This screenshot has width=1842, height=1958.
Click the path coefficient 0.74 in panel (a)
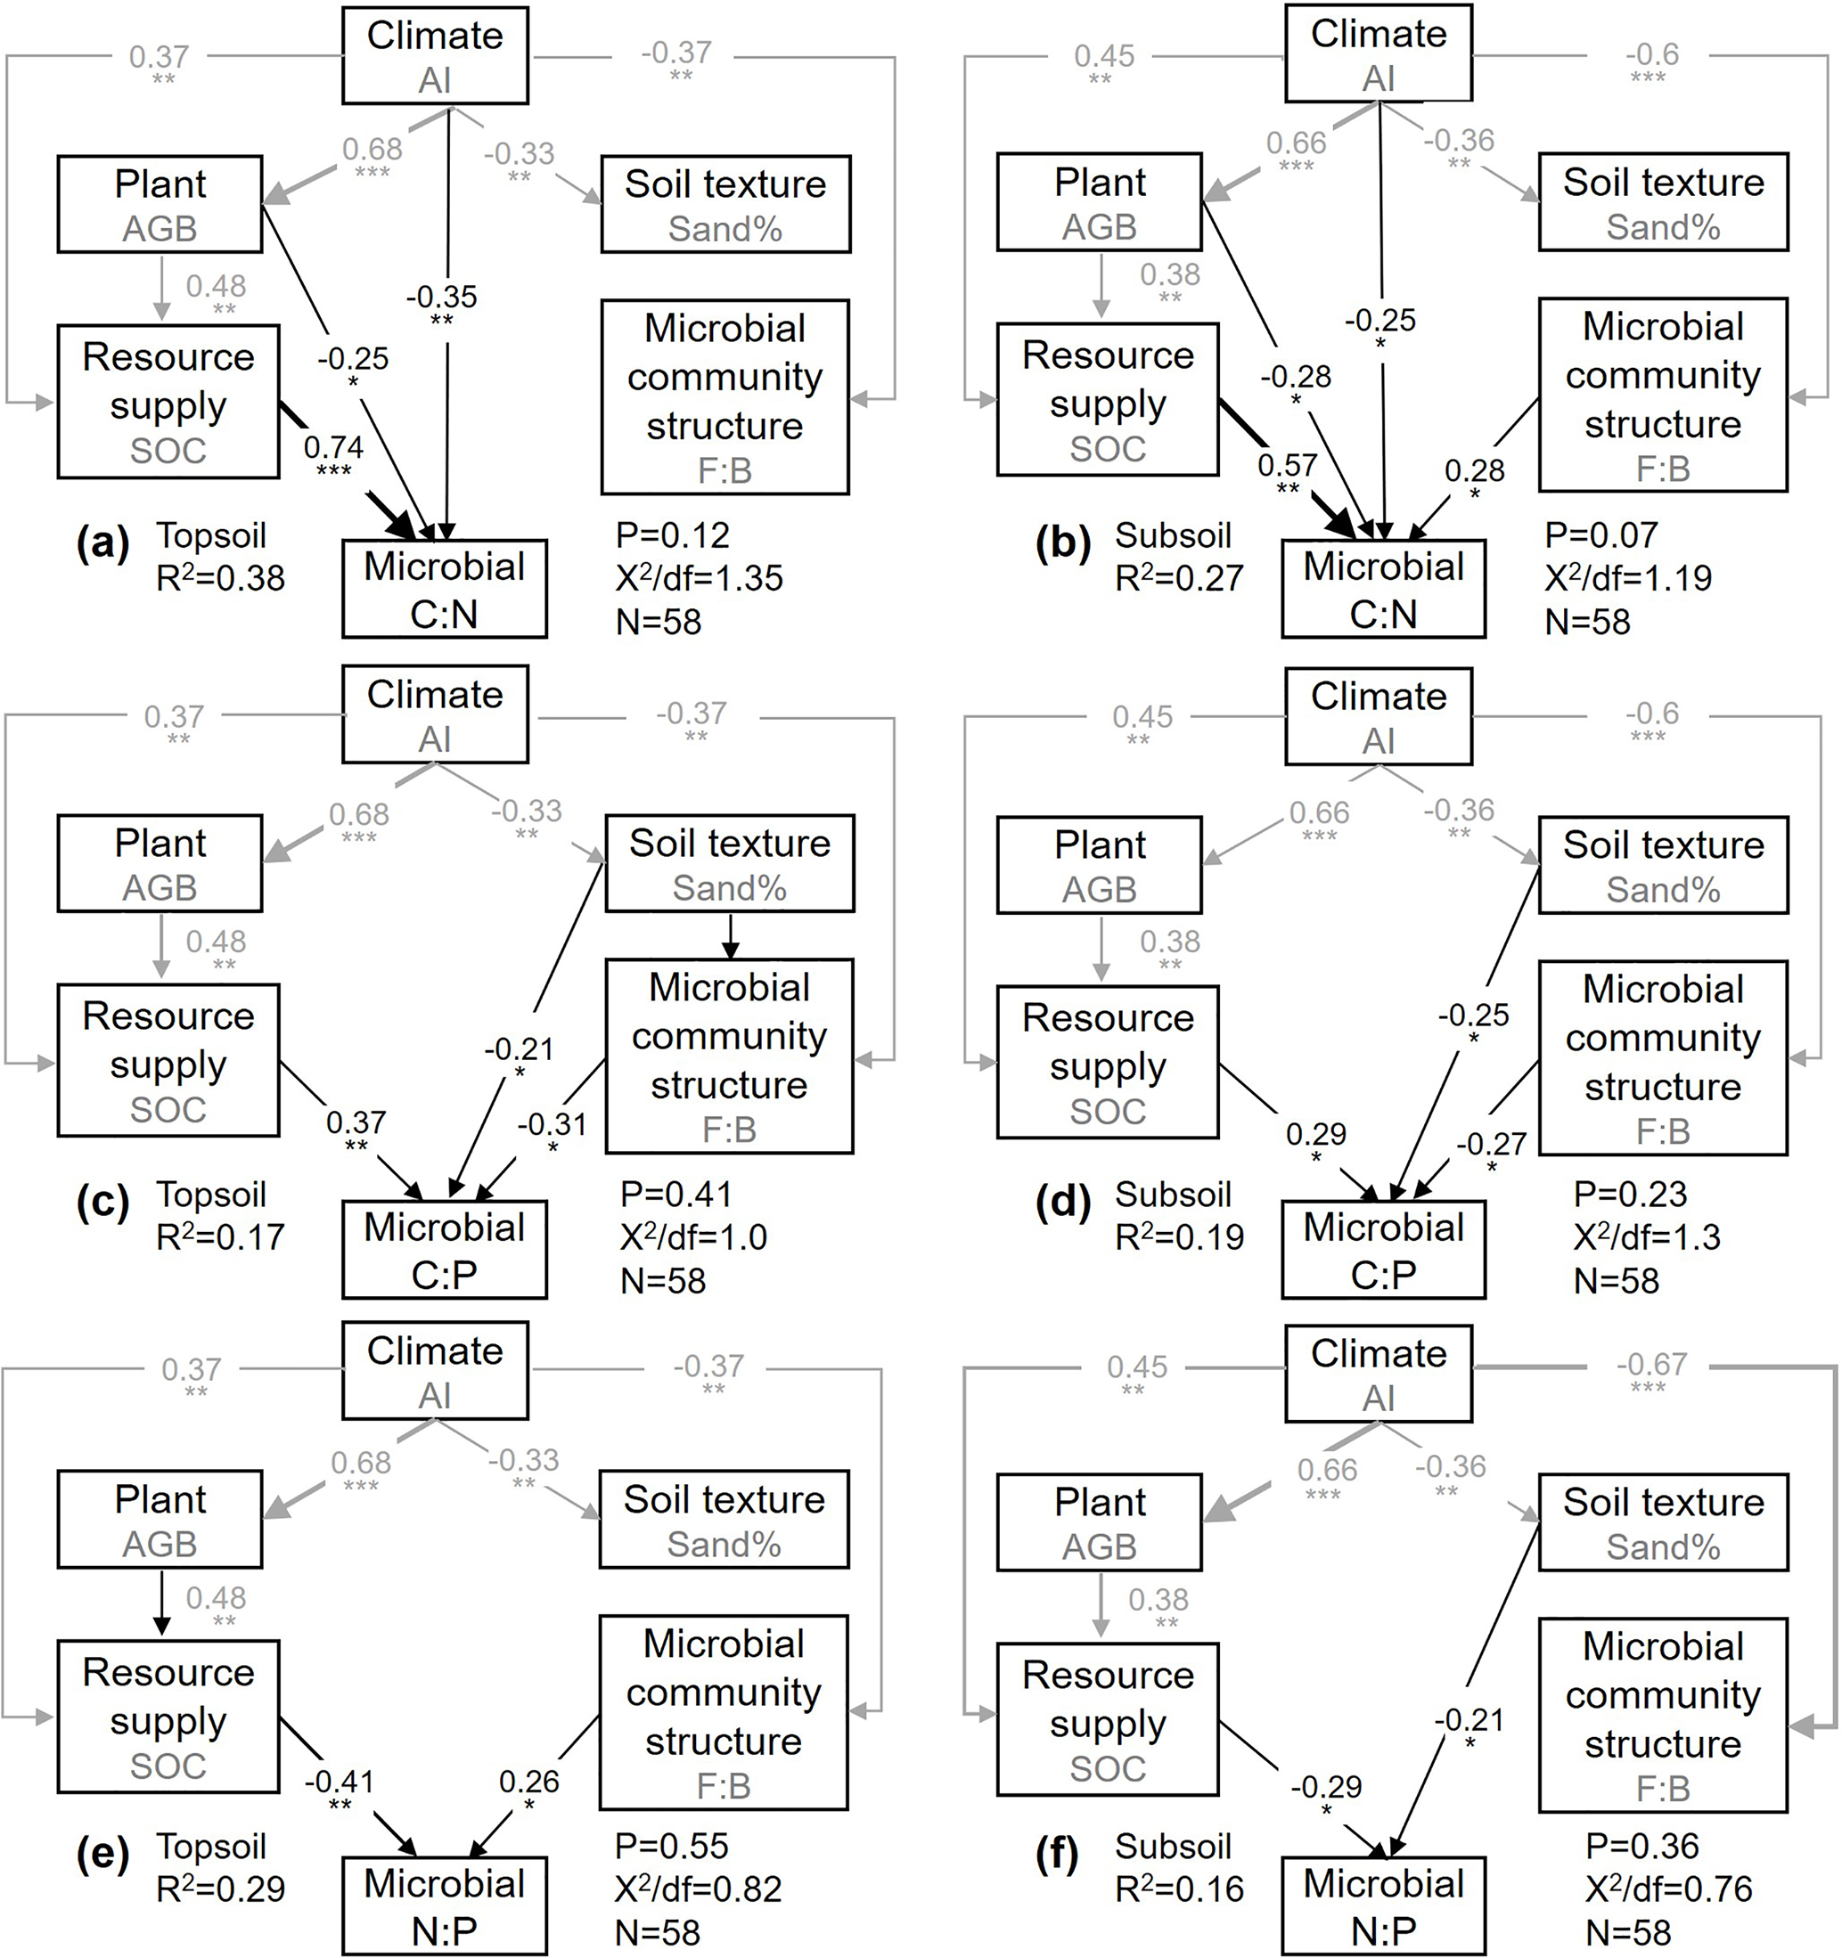pyautogui.click(x=333, y=448)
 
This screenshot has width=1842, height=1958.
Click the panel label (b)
pyautogui.click(x=1062, y=543)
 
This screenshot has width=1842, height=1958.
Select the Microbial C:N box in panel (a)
pyautogui.click(x=445, y=589)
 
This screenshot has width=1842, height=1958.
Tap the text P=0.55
pyautogui.click(x=672, y=1845)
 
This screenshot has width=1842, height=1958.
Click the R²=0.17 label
pyautogui.click(x=221, y=1236)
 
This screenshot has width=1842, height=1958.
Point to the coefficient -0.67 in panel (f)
pyautogui.click(x=1652, y=1364)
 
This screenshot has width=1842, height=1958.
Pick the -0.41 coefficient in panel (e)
pyautogui.click(x=339, y=1781)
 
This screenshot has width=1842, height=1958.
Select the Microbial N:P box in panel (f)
pyautogui.click(x=1383, y=1905)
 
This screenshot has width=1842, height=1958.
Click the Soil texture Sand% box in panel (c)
pyautogui.click(x=729, y=863)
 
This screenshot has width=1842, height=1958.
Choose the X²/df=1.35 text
pyautogui.click(x=700, y=578)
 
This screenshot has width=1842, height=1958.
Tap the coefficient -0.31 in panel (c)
pyautogui.click(x=552, y=1124)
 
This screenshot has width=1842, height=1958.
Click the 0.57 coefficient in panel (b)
pyautogui.click(x=1287, y=464)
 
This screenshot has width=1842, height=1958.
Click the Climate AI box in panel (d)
pyautogui.click(x=1378, y=717)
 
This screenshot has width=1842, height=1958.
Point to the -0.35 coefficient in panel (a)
pyautogui.click(x=441, y=297)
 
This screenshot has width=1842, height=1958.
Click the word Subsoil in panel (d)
pyautogui.click(x=1173, y=1195)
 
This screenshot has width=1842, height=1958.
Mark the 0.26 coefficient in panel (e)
pyautogui.click(x=529, y=1781)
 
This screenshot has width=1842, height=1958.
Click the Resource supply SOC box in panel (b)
pyautogui.click(x=1107, y=400)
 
